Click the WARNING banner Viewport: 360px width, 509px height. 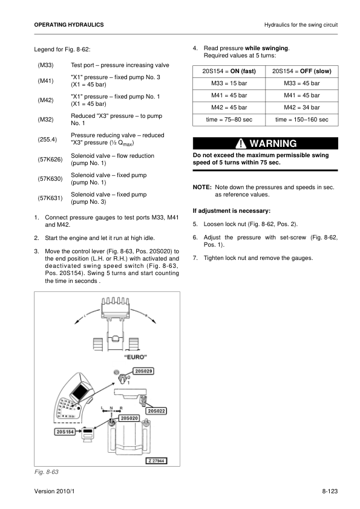click(x=265, y=144)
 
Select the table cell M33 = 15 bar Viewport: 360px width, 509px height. click(x=229, y=83)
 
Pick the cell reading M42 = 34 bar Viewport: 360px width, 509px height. click(x=301, y=108)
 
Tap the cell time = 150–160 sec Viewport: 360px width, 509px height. click(x=301, y=120)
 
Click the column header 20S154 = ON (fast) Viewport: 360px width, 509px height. click(x=229, y=71)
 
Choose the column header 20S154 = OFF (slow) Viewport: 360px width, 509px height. click(x=301, y=71)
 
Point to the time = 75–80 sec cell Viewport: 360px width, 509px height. click(x=229, y=120)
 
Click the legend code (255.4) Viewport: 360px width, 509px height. click(x=47, y=139)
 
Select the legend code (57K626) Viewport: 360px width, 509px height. click(x=50, y=160)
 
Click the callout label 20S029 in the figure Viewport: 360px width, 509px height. click(x=143, y=371)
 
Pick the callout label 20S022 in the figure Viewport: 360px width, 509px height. click(x=157, y=411)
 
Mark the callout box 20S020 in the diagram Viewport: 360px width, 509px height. click(x=129, y=418)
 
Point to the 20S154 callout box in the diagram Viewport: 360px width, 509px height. click(x=66, y=432)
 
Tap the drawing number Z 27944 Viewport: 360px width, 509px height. click(x=157, y=460)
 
